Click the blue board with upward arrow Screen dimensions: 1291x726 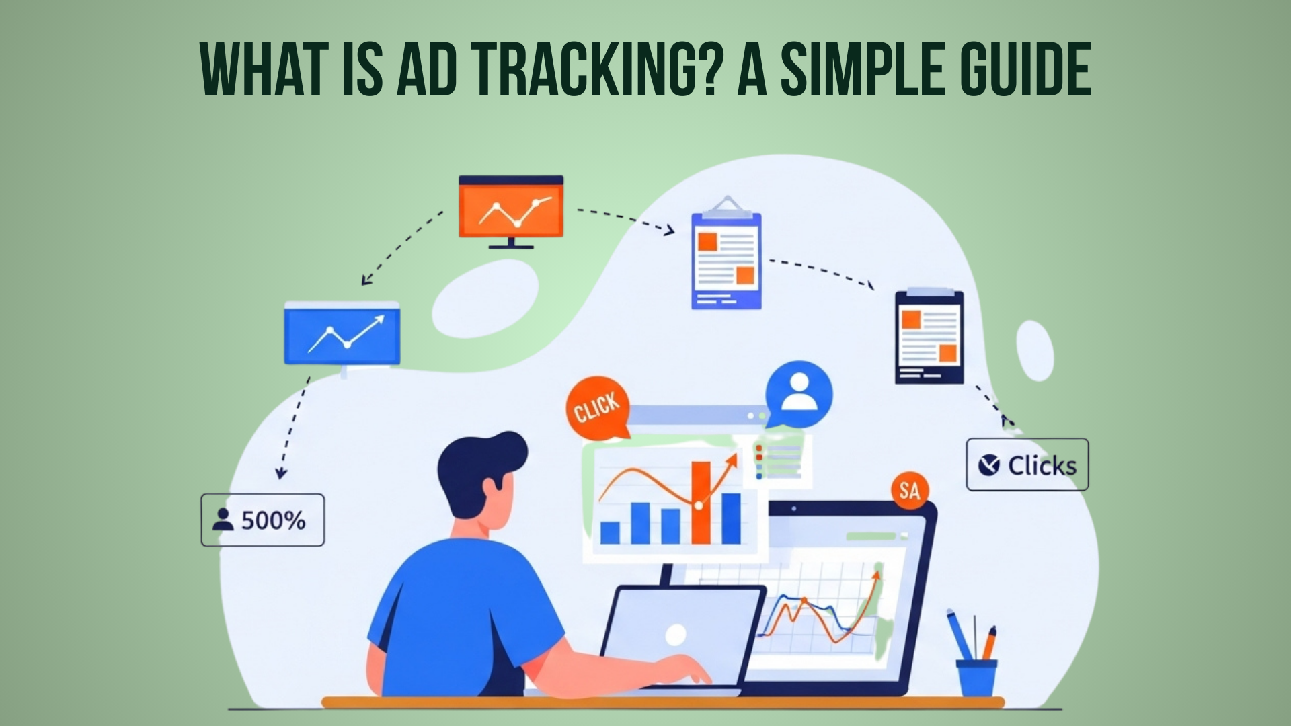(342, 336)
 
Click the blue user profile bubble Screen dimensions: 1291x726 (798, 394)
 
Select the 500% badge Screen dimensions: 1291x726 (263, 520)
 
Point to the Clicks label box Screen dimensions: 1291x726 (1027, 465)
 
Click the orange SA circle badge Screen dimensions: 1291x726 (909, 490)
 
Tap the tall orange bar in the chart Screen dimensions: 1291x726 (701, 502)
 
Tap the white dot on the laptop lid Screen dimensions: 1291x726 (675, 634)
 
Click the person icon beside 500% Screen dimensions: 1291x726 (223, 520)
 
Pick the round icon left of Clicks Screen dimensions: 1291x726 (988, 465)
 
